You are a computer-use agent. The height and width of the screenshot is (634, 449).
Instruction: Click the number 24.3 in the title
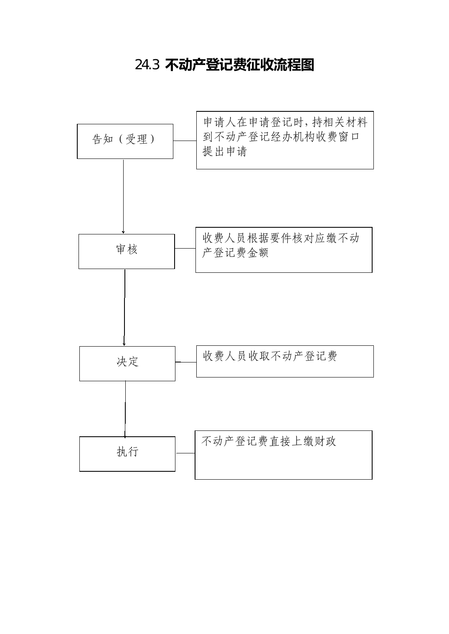click(x=147, y=65)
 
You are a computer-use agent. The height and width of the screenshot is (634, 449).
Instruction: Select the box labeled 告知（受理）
click(x=125, y=141)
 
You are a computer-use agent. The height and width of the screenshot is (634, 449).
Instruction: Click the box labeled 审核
click(x=127, y=252)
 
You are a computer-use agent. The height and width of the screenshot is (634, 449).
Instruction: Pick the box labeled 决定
click(x=127, y=363)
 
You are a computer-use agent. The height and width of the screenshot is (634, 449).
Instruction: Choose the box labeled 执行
click(x=127, y=454)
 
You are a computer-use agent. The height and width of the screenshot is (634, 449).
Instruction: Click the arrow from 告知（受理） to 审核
click(x=123, y=197)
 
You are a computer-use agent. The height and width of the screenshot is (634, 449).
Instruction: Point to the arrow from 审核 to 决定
click(x=124, y=308)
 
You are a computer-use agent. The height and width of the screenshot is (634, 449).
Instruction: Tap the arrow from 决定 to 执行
click(x=125, y=409)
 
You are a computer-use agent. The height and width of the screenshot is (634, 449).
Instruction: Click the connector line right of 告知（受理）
click(x=185, y=141)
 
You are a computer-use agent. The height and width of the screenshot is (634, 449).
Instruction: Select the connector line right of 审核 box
click(x=185, y=248)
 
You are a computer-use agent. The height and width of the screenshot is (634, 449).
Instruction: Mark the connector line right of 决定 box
click(x=186, y=362)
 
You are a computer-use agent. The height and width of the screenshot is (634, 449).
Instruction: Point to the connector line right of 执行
click(x=185, y=453)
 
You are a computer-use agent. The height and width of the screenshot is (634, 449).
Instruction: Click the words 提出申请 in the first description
click(x=225, y=151)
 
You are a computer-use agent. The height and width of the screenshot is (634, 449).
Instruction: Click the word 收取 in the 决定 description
click(x=259, y=356)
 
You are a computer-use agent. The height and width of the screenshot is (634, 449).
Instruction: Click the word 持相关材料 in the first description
click(x=340, y=122)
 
